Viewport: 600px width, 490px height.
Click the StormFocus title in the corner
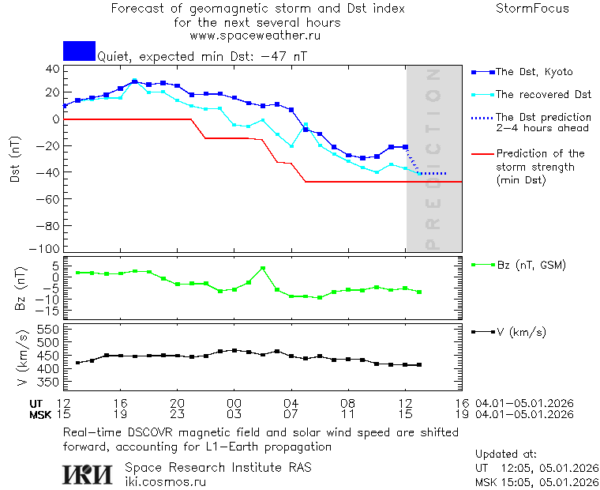click(532, 9)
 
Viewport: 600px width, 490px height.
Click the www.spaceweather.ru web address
click(255, 36)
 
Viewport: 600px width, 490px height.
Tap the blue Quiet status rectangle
click(79, 51)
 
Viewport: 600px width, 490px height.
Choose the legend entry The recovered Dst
click(543, 95)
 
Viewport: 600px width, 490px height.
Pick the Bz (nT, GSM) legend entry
click(531, 265)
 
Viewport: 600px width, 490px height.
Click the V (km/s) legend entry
click(520, 332)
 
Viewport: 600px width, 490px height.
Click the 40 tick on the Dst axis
click(52, 69)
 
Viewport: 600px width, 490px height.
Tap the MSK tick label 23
click(177, 414)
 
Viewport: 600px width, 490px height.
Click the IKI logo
click(88, 473)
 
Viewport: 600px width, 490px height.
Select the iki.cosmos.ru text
click(165, 481)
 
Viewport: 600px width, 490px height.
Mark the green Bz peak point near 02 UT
click(263, 269)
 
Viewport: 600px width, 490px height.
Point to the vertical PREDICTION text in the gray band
click(432, 158)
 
